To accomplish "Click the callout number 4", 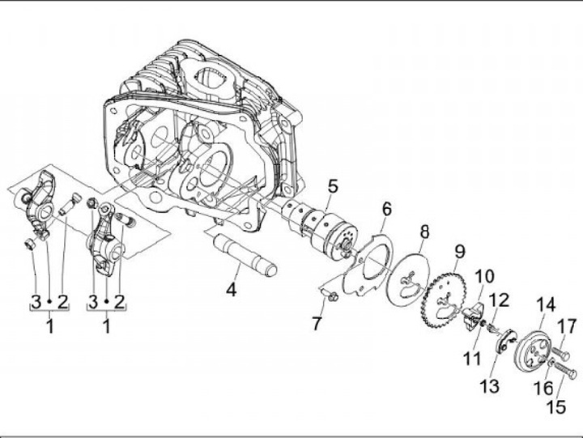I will click(232, 287).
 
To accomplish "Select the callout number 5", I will click(333, 187).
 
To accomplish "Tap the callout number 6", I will click(387, 210).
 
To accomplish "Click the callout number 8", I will click(423, 235).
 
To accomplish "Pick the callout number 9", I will click(459, 251).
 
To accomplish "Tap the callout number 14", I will click(546, 305).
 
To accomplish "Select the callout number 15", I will click(557, 406).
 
